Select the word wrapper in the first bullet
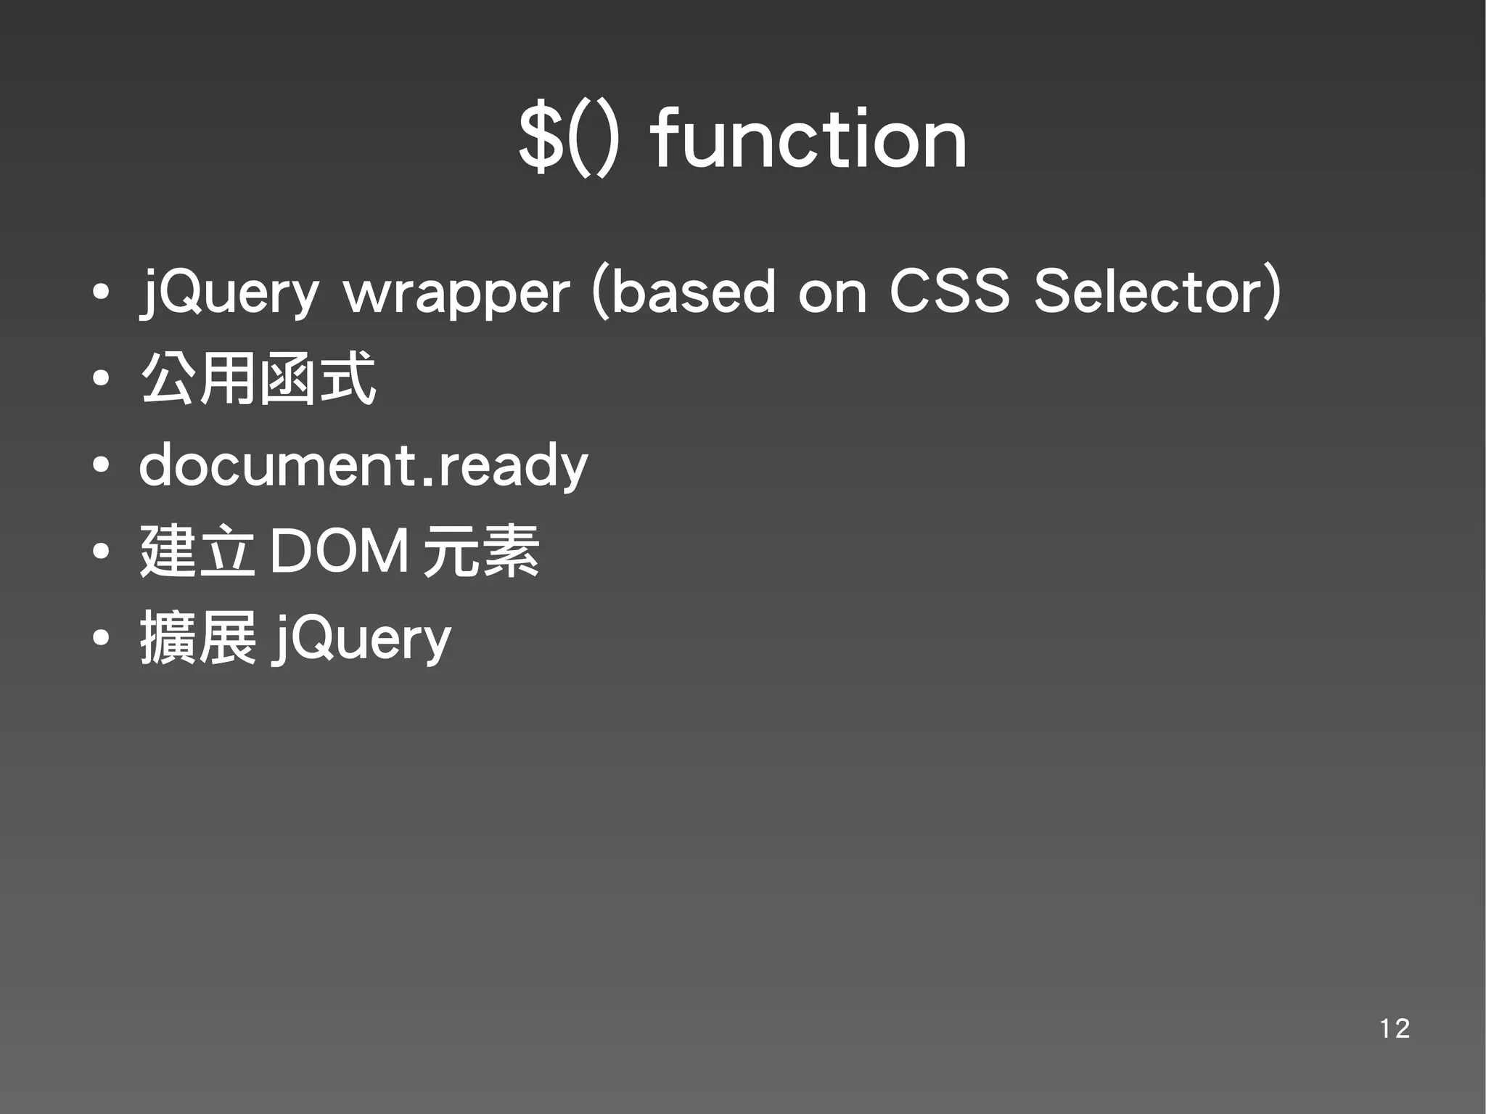pos(456,292)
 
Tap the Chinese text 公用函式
pos(258,378)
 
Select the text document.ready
pos(363,466)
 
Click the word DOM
pos(339,552)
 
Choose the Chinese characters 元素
pos(481,552)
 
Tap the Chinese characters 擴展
pos(197,638)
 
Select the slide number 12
pos(1394,1028)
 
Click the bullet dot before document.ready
pos(101,465)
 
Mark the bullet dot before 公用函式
pos(101,378)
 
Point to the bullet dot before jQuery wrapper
pos(101,292)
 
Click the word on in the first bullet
pos(832,292)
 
